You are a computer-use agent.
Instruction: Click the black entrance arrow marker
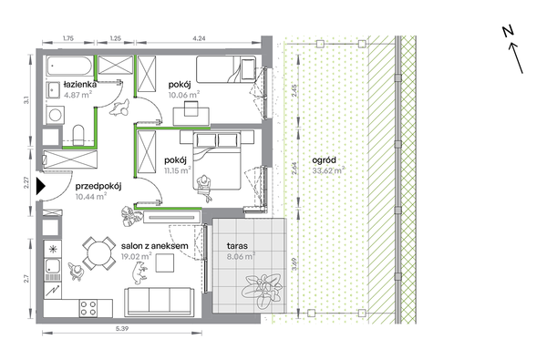click(x=40, y=187)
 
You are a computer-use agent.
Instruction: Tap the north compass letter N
click(x=509, y=31)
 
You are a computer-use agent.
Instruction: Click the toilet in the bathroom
click(x=78, y=135)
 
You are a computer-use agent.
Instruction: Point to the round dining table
click(x=98, y=253)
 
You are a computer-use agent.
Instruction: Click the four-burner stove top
click(x=88, y=308)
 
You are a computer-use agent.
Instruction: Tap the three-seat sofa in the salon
click(x=160, y=302)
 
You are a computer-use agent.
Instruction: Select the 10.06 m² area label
click(x=184, y=95)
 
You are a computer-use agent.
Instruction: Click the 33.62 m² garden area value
click(x=328, y=170)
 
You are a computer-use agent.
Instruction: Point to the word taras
click(x=237, y=246)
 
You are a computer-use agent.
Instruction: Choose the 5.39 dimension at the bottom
click(x=122, y=329)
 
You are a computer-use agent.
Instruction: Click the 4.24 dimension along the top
click(x=199, y=38)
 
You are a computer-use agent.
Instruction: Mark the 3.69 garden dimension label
click(x=294, y=264)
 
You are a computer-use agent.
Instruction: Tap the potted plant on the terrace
click(x=262, y=290)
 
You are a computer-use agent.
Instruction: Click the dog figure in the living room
click(x=140, y=273)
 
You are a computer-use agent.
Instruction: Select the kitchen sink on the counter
click(x=53, y=267)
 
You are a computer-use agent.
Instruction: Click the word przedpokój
click(x=98, y=186)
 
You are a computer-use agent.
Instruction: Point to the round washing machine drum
click(x=55, y=115)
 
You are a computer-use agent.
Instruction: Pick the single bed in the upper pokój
click(x=226, y=69)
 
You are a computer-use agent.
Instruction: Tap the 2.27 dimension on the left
click(x=26, y=182)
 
